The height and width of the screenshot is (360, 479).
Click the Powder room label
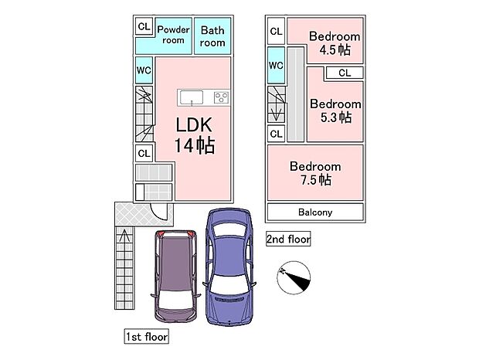pos(173,35)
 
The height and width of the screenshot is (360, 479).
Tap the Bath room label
pos(212,36)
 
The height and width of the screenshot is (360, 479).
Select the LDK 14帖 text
pos(194,134)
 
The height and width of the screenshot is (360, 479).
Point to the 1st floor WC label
pos(144,70)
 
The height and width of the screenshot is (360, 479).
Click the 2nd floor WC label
pos(276,65)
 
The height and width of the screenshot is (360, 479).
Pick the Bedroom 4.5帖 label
pos(335,42)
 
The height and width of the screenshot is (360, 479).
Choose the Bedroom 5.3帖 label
pos(335,110)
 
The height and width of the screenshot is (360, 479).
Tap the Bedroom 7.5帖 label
pos(315,173)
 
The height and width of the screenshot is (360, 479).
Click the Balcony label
pos(315,212)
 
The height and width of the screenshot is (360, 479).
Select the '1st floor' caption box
pos(147,337)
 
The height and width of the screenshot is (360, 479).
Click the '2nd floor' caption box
pos(288,239)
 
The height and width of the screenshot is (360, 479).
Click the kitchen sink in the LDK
pos(191,97)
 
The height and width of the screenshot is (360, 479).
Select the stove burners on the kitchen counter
pos(221,97)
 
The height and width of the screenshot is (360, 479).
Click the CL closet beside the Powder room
pos(144,26)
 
